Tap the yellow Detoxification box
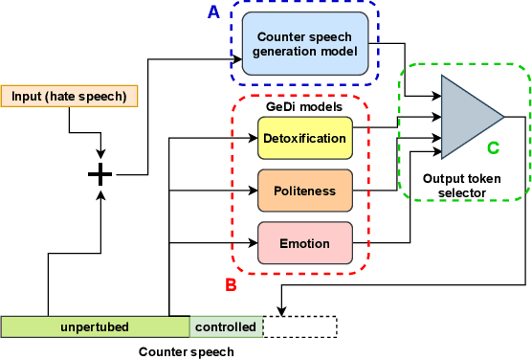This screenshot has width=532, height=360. [x=304, y=139]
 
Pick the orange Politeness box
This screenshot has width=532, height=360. [x=304, y=191]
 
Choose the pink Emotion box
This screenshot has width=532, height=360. [x=304, y=242]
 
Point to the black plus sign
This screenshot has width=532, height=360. [x=100, y=174]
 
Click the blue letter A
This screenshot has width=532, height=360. [x=214, y=12]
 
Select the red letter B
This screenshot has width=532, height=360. [x=230, y=284]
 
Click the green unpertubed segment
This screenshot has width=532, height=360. [x=95, y=326]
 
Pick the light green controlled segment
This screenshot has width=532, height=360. [x=226, y=326]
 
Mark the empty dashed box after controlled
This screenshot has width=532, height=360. [x=299, y=326]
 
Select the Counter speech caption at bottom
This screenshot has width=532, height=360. [x=186, y=350]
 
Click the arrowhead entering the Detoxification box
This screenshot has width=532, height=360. [x=254, y=139]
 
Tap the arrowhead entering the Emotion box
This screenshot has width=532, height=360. [x=254, y=242]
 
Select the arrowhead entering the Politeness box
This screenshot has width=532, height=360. [x=254, y=191]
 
